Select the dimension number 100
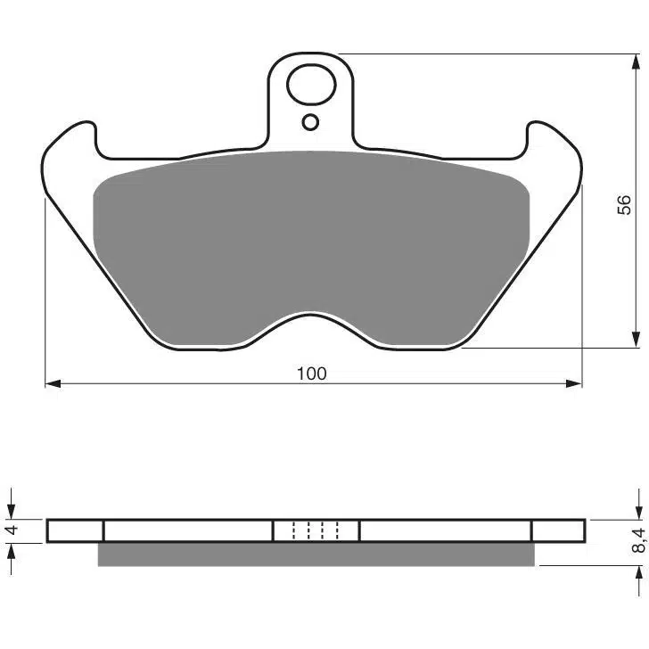point(312,374)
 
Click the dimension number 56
point(624,204)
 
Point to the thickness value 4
point(12,530)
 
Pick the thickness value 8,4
point(638,540)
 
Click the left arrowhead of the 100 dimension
point(53,383)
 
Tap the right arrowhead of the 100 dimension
point(574,383)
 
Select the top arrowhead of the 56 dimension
point(637,62)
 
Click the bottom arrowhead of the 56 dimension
point(637,340)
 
